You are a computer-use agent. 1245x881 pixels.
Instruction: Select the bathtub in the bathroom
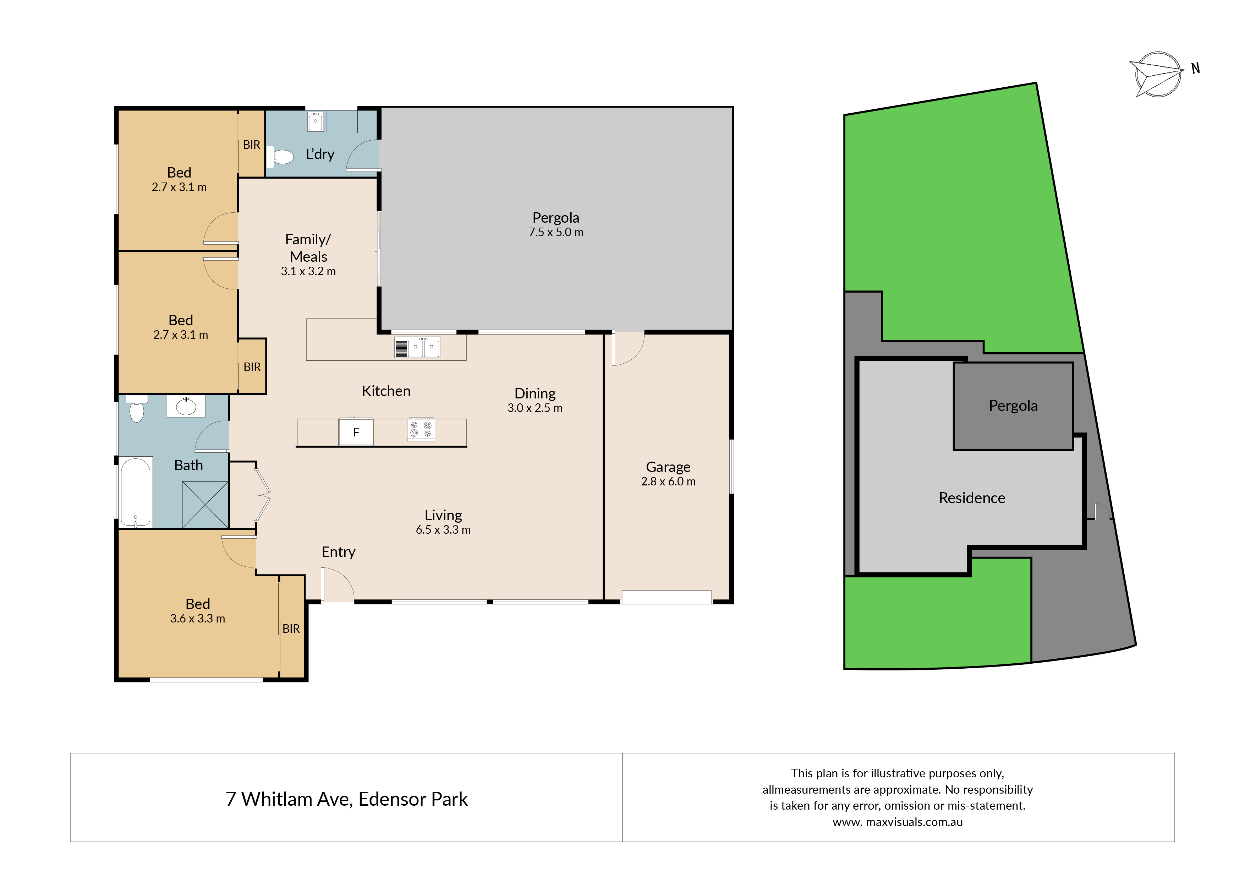click(x=136, y=492)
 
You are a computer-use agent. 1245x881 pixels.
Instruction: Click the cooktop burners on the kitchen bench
click(x=421, y=429)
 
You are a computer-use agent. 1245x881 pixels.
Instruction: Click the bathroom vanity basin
click(x=186, y=406)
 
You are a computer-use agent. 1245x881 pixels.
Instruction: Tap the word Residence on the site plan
click(x=972, y=498)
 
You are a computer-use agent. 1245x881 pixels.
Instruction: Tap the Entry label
click(x=338, y=552)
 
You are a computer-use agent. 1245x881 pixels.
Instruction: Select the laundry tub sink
click(x=316, y=121)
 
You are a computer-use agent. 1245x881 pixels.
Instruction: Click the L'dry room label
click(x=320, y=154)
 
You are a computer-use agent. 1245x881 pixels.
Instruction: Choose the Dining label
click(x=535, y=394)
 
